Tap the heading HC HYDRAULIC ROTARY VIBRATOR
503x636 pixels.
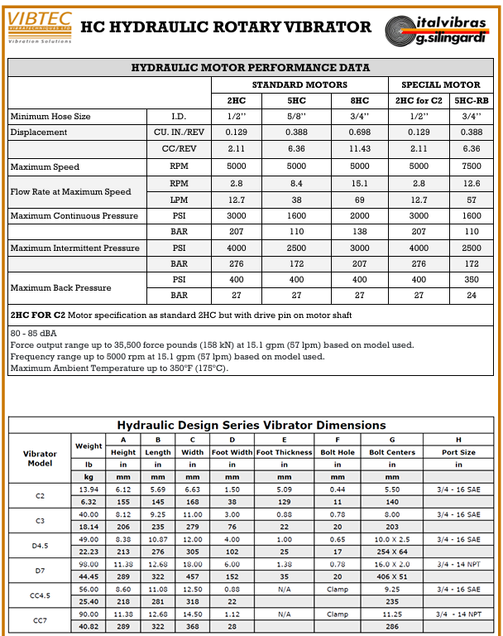coord(225,27)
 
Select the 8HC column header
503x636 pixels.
coord(360,100)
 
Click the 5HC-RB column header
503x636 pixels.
coord(471,100)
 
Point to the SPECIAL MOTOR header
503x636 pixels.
coord(440,84)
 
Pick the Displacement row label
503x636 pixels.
coord(39,132)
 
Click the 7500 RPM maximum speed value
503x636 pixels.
coord(471,166)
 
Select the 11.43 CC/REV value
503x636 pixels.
coord(360,149)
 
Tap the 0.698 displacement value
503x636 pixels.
coord(360,132)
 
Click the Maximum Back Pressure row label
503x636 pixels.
coord(60,287)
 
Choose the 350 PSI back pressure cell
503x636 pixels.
coord(471,280)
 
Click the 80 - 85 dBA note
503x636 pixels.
coord(31,333)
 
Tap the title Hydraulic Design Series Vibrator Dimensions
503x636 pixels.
coord(251,425)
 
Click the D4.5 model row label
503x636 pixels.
coord(40,546)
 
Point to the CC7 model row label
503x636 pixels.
coord(40,620)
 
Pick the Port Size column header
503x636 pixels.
coord(458,453)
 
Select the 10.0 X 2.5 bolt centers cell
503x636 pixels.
coord(392,539)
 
